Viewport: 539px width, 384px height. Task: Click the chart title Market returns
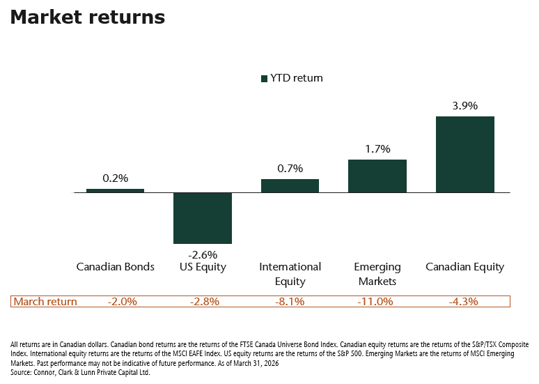(x=88, y=17)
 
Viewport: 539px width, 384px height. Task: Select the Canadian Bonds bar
(x=115, y=190)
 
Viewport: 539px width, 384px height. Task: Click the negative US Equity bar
(x=202, y=217)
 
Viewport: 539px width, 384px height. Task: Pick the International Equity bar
(x=290, y=185)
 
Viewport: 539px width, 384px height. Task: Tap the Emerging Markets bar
(x=377, y=176)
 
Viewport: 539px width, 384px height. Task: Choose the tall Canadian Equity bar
(x=464, y=154)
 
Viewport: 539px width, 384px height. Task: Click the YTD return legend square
(x=265, y=79)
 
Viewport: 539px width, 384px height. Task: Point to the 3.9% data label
(x=464, y=106)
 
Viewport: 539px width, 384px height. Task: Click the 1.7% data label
(x=377, y=149)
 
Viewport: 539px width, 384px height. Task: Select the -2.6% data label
(x=202, y=254)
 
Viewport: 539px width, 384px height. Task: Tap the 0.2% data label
(x=115, y=178)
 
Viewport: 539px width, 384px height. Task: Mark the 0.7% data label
(x=290, y=169)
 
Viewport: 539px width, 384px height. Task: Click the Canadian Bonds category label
(x=115, y=267)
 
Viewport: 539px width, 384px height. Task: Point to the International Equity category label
(x=290, y=274)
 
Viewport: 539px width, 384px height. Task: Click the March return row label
(x=45, y=302)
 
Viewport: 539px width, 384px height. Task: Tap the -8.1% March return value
(x=290, y=302)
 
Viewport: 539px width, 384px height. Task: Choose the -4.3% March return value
(x=464, y=302)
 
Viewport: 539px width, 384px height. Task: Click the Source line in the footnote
(x=80, y=373)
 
